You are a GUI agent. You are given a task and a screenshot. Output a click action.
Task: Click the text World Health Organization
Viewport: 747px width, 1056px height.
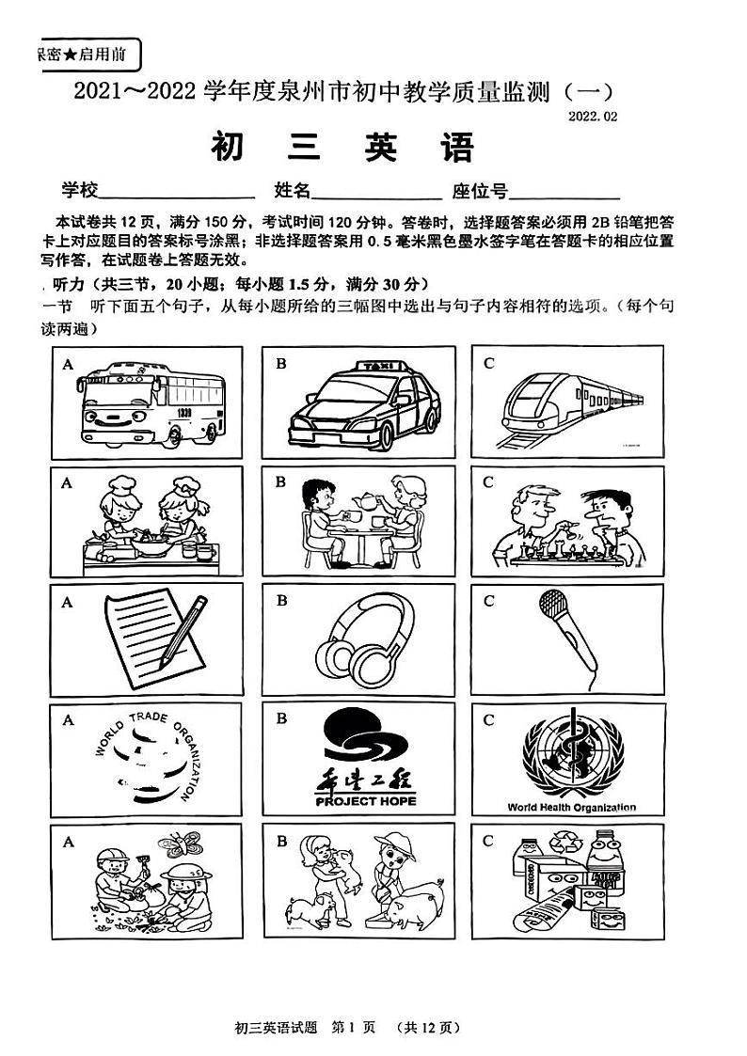coord(571,807)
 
